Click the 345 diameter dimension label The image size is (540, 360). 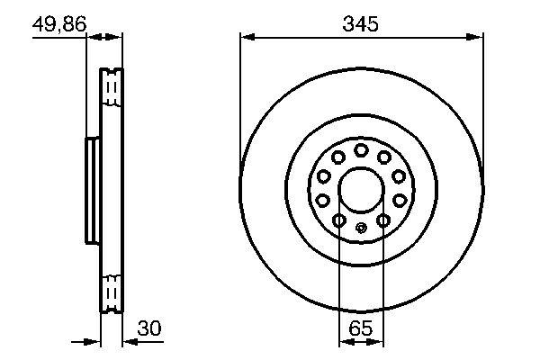360,24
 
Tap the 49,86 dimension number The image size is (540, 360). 59,24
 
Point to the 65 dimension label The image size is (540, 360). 360,328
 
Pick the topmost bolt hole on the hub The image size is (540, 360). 360,149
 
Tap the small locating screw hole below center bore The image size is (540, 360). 360,228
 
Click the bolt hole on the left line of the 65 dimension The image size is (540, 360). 338,220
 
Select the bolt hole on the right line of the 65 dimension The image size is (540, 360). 382,220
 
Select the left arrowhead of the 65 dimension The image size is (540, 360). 344,341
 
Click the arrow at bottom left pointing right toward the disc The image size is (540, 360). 94,341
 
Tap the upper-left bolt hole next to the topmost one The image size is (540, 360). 337,157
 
